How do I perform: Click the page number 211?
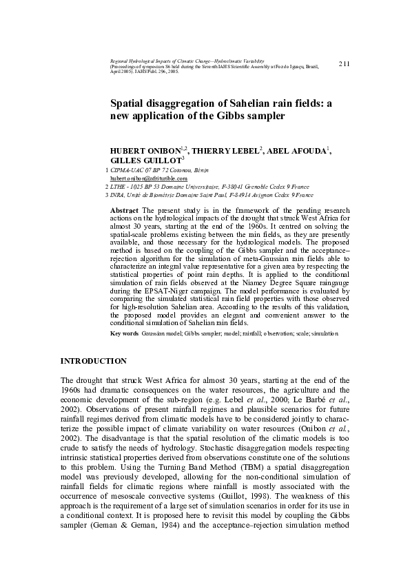click(x=345, y=63)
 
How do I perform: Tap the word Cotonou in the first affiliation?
click(x=175, y=169)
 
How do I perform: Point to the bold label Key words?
click(x=124, y=333)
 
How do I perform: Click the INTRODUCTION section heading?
click(x=93, y=361)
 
